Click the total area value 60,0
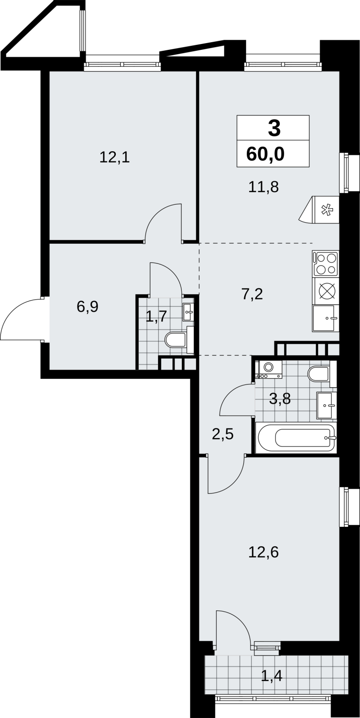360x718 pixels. coord(265,154)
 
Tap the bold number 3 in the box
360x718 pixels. coord(274,128)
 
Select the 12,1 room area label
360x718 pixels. coord(114,158)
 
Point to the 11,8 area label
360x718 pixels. coord(263,187)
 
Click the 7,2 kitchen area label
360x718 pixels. coord(252,294)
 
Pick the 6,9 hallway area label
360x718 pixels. coord(88,307)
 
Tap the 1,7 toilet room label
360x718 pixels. coord(156,317)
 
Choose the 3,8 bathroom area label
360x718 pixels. coord(280,399)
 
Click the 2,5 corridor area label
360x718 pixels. coord(223,435)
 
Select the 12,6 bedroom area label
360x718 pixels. coord(263,552)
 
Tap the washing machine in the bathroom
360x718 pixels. coord(268,369)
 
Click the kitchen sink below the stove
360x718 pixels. coord(325,318)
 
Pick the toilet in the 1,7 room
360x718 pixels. coord(179,340)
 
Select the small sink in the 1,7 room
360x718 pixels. coord(189,312)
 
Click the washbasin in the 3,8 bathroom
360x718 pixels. coord(327,405)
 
